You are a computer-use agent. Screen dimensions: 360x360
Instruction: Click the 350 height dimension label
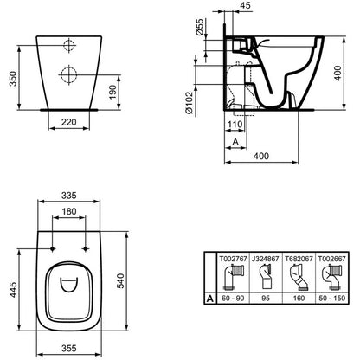pos(13,79)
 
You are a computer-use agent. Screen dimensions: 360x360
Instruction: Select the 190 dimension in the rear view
pos(112,92)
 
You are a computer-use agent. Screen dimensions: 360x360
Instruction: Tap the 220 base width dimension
pos(69,122)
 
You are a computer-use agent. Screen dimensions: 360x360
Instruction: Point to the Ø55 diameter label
pos(199,27)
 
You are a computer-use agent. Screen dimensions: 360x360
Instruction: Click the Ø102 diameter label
pos(189,103)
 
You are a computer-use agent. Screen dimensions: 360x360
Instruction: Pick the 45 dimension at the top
pos(245,5)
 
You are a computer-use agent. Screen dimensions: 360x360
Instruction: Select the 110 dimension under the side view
pos(235,125)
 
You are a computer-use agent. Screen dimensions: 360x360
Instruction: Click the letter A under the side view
pos(235,142)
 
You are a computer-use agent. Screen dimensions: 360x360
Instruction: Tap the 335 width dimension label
pos(69,196)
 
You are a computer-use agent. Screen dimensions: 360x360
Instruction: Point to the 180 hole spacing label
pos(69,211)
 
